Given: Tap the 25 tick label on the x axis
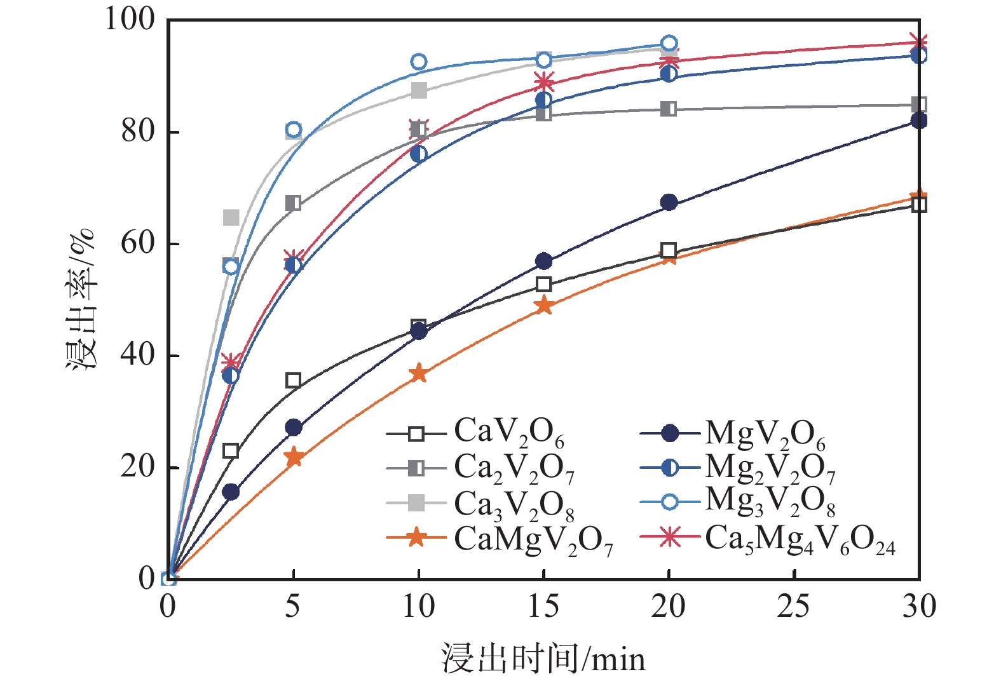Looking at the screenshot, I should [x=794, y=607].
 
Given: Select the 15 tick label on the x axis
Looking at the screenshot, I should [x=543, y=607].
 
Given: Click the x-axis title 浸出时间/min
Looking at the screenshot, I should [x=543, y=659].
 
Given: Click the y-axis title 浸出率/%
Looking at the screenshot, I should [x=81, y=299].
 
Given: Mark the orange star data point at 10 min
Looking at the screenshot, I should [x=418, y=374].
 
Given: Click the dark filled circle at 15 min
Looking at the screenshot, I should [x=543, y=261].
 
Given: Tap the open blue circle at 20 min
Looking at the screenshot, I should [x=669, y=44].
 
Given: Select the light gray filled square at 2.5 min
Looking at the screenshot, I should [x=231, y=218].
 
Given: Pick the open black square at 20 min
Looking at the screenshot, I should [x=668, y=250].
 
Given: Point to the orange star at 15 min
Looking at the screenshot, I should [x=543, y=306].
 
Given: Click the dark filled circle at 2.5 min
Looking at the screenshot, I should [x=231, y=492].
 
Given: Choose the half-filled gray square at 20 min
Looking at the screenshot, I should [x=669, y=109].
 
